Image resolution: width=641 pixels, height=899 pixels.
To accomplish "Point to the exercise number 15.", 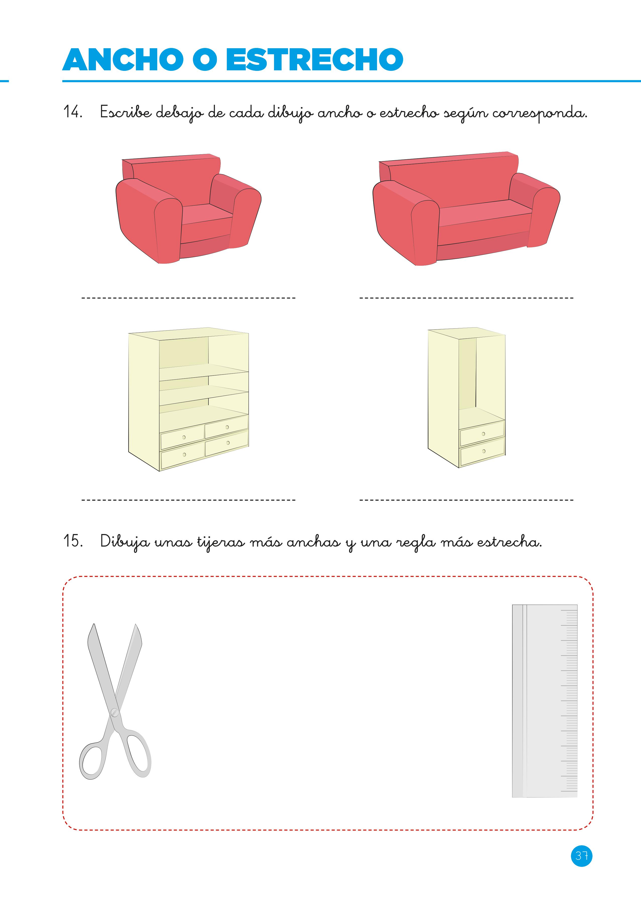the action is [x=73, y=541].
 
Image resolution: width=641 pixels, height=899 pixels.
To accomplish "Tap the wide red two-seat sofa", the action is [x=466, y=208].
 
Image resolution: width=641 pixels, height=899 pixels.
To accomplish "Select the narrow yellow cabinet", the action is [x=466, y=398].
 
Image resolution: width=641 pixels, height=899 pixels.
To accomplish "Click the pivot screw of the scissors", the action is [x=115, y=712].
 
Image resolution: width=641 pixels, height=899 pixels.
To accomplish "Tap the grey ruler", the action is [x=545, y=701].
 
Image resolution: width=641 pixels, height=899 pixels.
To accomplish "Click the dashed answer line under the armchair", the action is [x=188, y=298].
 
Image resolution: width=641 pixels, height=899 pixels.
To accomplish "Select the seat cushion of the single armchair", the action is [x=206, y=214].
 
